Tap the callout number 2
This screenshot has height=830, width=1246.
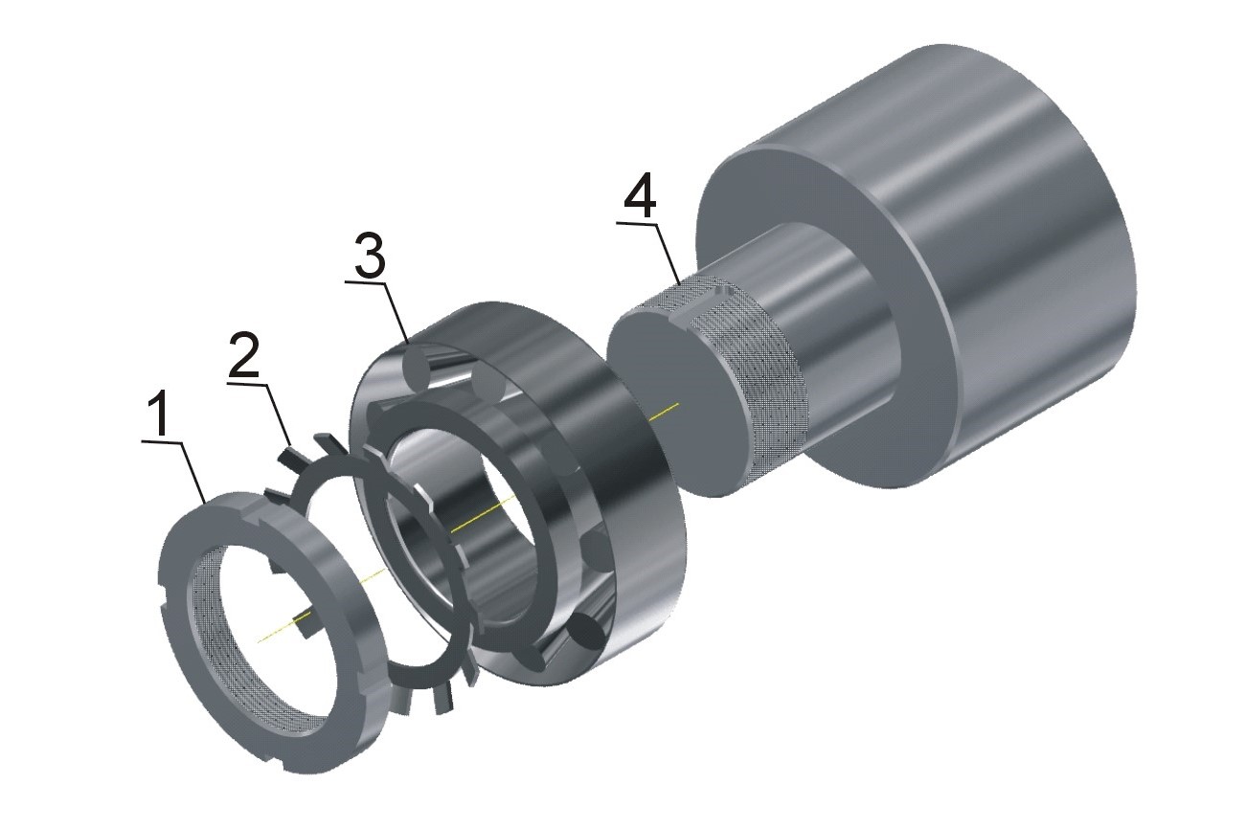click(244, 354)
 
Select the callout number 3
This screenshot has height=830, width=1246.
click(370, 257)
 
